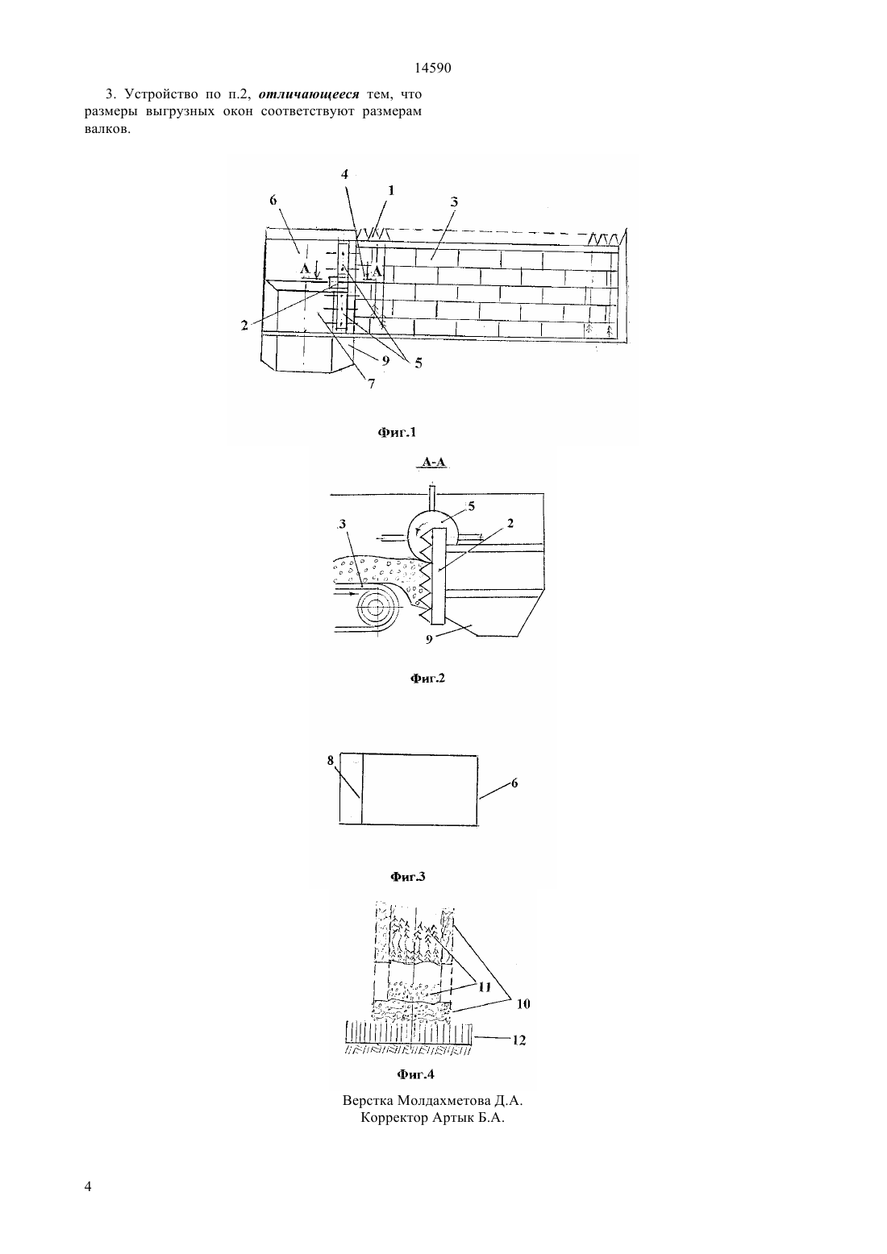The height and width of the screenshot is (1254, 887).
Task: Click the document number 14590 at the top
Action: (x=432, y=69)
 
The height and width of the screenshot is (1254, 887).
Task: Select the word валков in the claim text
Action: (x=107, y=129)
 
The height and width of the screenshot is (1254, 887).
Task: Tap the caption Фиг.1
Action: (x=397, y=432)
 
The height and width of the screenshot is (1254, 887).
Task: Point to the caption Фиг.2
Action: (x=427, y=679)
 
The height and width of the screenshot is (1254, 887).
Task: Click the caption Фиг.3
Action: (x=408, y=877)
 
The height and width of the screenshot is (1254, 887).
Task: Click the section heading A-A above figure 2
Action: (x=434, y=463)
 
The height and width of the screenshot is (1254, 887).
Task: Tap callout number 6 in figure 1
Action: (x=273, y=201)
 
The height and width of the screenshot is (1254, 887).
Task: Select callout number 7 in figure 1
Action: (x=371, y=384)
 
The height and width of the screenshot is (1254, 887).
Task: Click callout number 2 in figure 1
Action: (x=244, y=325)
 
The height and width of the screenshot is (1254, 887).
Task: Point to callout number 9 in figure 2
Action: (x=429, y=639)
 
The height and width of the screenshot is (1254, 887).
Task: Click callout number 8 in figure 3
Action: (x=331, y=760)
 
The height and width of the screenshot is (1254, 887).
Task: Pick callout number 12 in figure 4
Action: (x=519, y=1040)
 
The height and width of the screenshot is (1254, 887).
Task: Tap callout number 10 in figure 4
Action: (x=523, y=1003)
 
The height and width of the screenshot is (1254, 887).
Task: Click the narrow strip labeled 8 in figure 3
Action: (x=351, y=789)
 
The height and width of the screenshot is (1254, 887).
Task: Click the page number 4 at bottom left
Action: (x=88, y=1186)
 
